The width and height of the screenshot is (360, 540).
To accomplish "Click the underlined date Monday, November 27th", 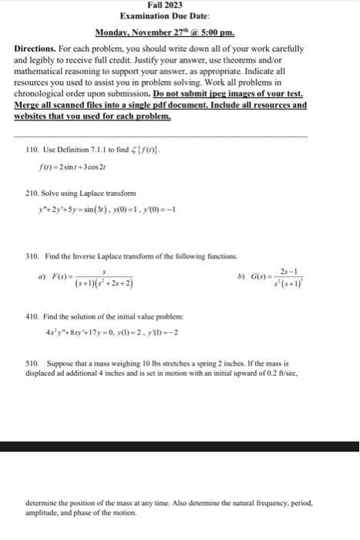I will click(145, 33).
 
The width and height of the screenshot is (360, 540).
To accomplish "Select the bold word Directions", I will click(40, 48).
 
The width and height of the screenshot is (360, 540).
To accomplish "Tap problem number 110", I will click(32, 148).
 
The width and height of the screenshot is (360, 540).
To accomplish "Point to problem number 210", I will click(32, 193).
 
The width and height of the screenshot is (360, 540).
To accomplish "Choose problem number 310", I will click(32, 255).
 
